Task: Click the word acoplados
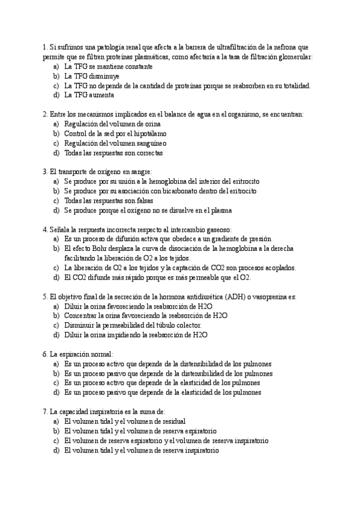(278, 268)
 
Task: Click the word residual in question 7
(172, 421)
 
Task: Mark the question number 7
(46, 412)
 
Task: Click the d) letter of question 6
(56, 393)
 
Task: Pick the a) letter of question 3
(56, 181)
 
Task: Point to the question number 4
(46, 229)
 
